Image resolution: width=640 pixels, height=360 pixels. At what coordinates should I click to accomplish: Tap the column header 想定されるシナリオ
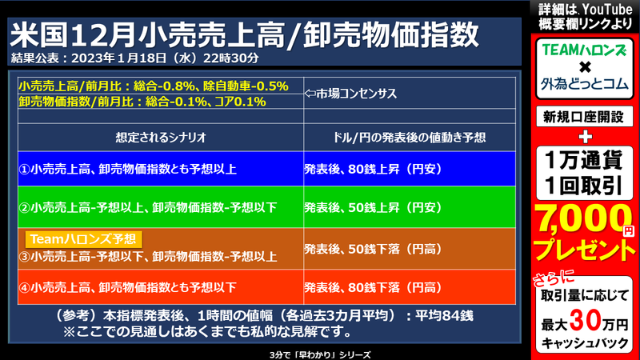tap(161, 137)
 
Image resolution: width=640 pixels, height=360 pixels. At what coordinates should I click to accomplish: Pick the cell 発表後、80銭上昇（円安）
tap(373, 169)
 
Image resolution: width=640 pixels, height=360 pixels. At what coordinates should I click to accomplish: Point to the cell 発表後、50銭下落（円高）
tap(373, 248)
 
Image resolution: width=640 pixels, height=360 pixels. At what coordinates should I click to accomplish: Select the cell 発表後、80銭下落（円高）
tap(373, 286)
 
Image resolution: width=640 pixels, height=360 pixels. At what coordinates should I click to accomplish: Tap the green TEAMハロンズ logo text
tap(585, 50)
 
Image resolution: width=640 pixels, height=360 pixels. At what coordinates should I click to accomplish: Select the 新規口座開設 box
tap(585, 117)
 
